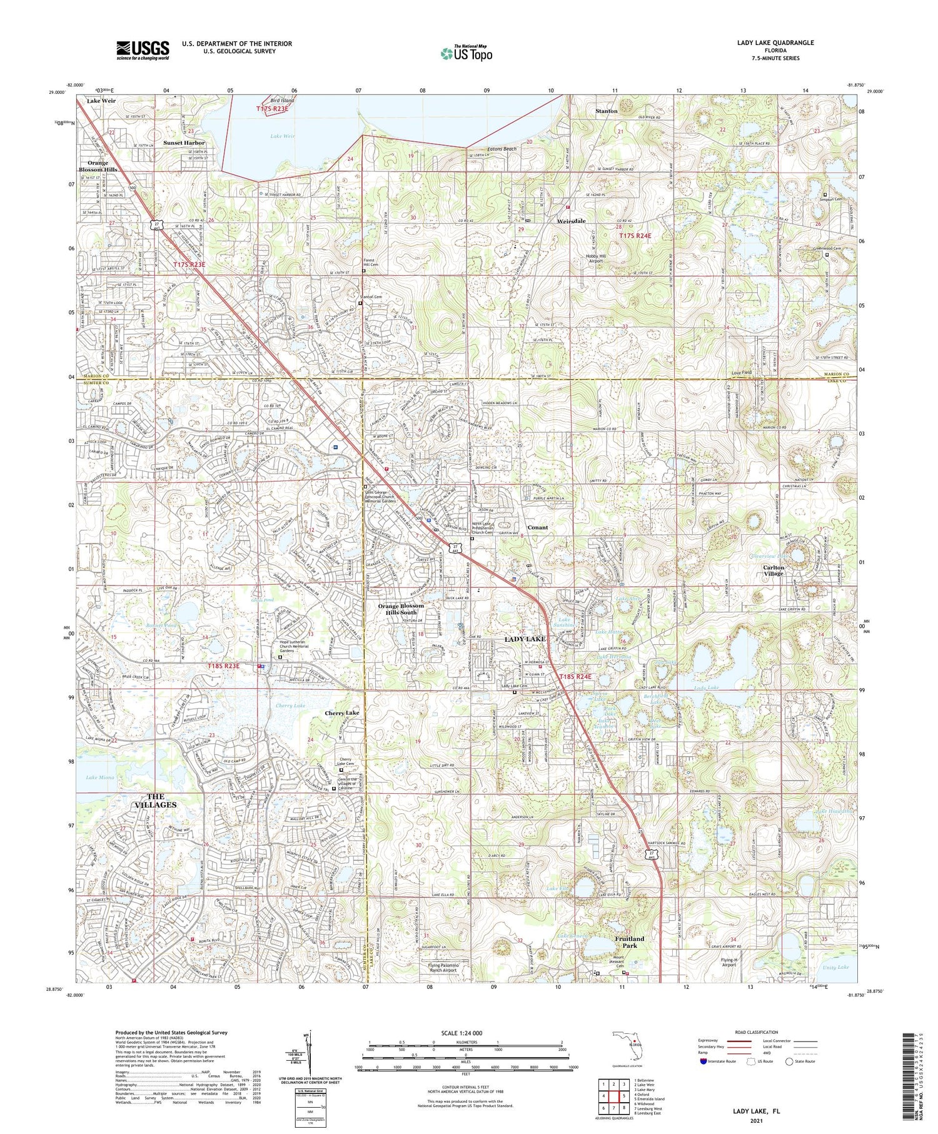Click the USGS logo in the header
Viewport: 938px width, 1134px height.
tap(143, 50)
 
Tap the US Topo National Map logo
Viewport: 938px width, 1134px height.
tap(466, 54)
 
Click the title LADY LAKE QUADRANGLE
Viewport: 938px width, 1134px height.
tap(775, 43)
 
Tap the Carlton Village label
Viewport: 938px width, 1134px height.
tap(772, 570)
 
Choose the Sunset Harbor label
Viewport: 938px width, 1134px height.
tap(184, 143)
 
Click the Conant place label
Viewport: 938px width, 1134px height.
tap(537, 527)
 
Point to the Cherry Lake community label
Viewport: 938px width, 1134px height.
tap(342, 713)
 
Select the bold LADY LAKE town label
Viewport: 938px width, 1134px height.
tap(525, 639)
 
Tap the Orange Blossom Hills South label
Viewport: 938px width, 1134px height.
tap(401, 609)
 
